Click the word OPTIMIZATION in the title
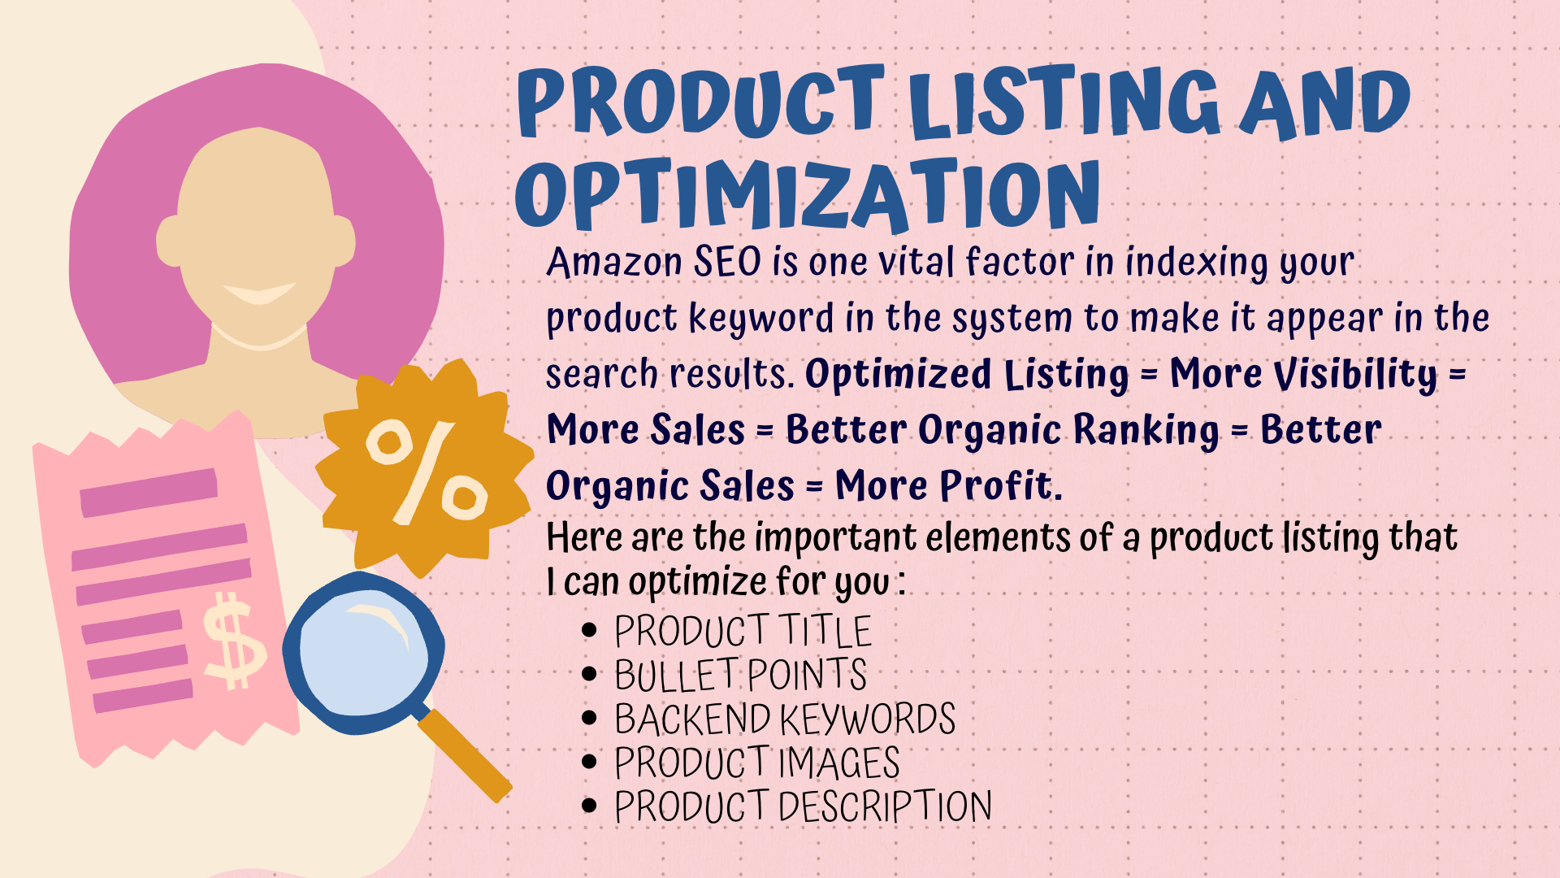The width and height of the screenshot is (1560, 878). [808, 193]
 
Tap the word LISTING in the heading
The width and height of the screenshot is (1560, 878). [1064, 102]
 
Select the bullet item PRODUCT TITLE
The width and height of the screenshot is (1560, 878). [743, 631]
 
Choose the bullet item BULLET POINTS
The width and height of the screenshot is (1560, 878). [740, 675]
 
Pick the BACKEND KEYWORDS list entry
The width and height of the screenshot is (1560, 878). [785, 719]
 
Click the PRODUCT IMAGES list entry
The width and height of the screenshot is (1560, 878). [756, 763]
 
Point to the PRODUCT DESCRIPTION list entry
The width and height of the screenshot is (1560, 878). [803, 806]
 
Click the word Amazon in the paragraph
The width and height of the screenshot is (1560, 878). [614, 263]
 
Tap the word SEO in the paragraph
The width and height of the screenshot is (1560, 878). [727, 262]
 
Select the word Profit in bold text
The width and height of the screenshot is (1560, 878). [999, 486]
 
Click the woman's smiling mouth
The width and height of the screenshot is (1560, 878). [259, 293]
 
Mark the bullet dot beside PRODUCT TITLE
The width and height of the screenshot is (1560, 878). [590, 631]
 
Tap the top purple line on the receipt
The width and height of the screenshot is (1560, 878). [149, 492]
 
